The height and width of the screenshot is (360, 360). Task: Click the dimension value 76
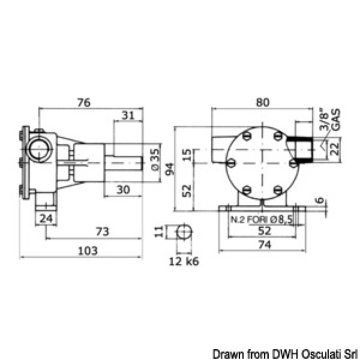(x=84, y=103)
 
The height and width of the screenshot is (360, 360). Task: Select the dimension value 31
(x=128, y=115)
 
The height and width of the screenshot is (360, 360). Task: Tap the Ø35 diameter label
(x=155, y=160)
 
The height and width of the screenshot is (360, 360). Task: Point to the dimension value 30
(x=123, y=190)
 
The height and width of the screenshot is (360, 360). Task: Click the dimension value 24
(x=46, y=218)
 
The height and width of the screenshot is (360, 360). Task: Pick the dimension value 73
(x=103, y=232)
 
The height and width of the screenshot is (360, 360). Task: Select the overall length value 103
(x=88, y=251)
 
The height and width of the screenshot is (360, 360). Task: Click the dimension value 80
(x=262, y=103)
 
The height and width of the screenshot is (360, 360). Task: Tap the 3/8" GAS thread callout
(x=330, y=119)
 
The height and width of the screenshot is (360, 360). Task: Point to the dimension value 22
(x=334, y=149)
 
